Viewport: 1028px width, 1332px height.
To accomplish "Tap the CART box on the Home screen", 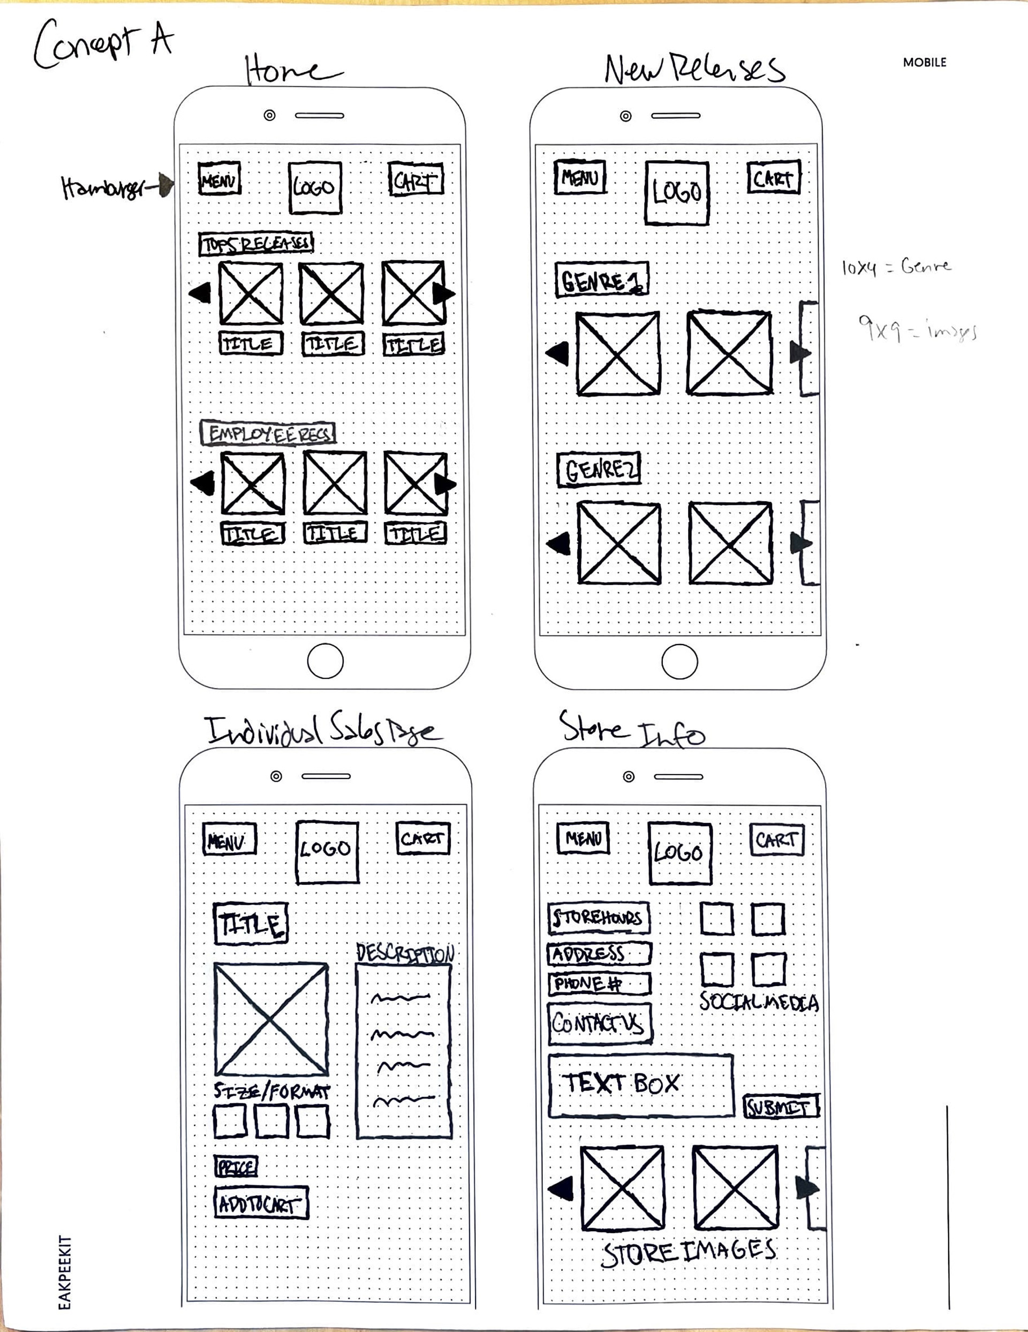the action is click(415, 180).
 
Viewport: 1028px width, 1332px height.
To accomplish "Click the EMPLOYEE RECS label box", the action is click(268, 434).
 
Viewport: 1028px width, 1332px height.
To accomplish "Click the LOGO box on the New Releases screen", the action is click(677, 193).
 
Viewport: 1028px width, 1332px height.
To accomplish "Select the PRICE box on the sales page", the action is click(236, 1167).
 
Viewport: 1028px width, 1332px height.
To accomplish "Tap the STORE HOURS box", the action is click(599, 918).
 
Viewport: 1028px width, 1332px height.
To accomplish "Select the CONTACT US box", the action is click(599, 1023).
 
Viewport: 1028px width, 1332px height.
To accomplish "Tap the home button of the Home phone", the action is click(325, 661).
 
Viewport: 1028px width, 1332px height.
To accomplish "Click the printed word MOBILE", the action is click(924, 62).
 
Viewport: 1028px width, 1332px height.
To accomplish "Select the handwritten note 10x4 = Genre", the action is click(896, 267).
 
